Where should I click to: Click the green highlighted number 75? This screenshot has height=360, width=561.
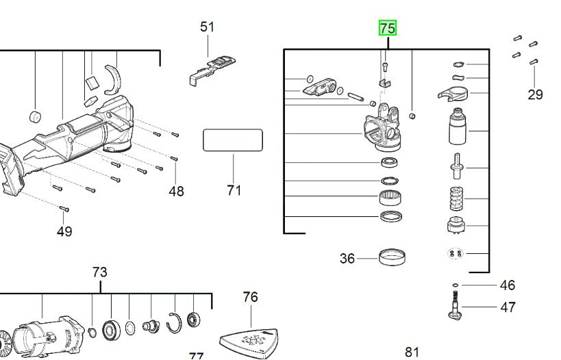(x=388, y=28)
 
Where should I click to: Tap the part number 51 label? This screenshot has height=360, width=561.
(x=207, y=27)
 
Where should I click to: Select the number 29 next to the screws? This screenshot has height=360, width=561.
(x=535, y=94)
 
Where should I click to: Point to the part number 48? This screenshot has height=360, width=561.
(x=176, y=191)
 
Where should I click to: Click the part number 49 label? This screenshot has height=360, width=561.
(x=64, y=231)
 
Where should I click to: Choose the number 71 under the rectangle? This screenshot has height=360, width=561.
(x=234, y=190)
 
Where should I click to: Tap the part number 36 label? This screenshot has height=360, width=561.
(x=347, y=258)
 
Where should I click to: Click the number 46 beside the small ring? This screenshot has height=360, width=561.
(x=507, y=285)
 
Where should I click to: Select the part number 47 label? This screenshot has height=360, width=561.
(x=508, y=307)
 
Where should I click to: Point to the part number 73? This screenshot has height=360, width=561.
(x=100, y=272)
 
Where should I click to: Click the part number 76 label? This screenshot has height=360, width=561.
(x=251, y=296)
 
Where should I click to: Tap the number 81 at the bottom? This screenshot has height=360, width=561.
(x=412, y=352)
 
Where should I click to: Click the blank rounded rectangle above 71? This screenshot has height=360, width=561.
(x=233, y=140)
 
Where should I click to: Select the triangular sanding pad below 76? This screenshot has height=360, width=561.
(x=251, y=339)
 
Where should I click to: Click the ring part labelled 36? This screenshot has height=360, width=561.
(x=392, y=258)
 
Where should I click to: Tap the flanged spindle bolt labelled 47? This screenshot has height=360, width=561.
(x=456, y=305)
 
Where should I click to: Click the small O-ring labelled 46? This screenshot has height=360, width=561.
(x=455, y=285)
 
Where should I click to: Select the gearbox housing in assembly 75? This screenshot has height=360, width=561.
(x=382, y=129)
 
